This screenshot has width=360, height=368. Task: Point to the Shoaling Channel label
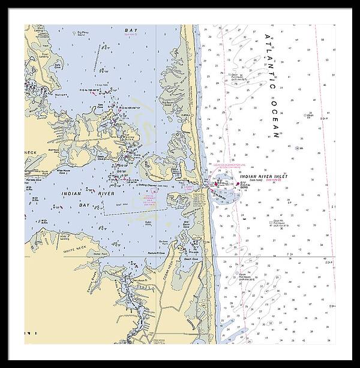tap(147, 186)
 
